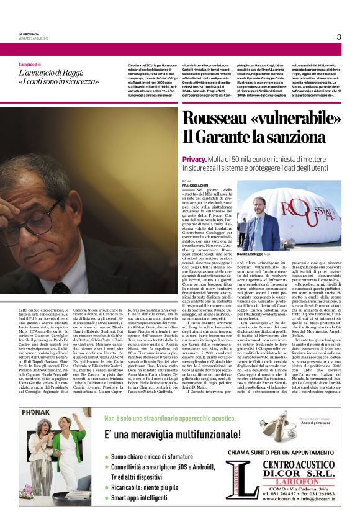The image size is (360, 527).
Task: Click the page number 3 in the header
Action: pyautogui.click(x=339, y=37)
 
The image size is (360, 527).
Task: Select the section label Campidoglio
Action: pyautogui.click(x=30, y=64)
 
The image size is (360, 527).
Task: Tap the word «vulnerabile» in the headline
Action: pyautogui.click(x=303, y=120)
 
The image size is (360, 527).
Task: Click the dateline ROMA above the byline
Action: pyautogui.click(x=187, y=181)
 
